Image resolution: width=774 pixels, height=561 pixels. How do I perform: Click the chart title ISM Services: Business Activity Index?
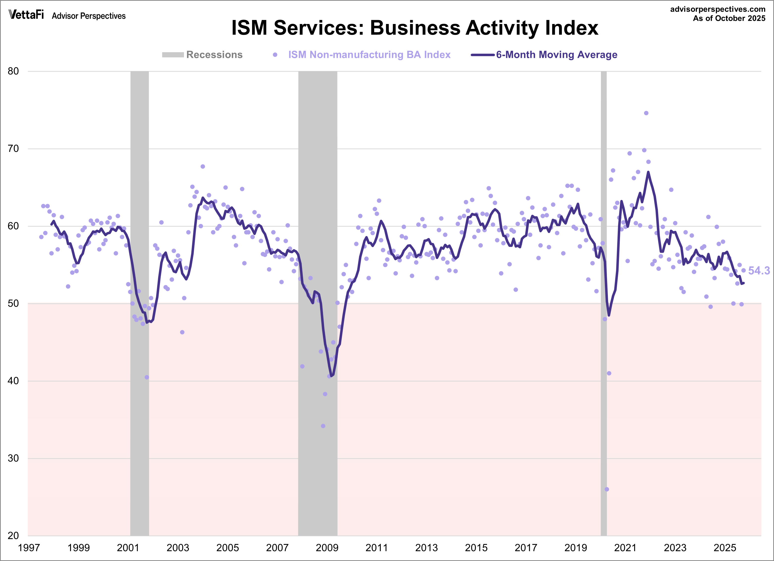coord(415,28)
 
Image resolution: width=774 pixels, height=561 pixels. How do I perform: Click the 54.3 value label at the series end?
coord(759,271)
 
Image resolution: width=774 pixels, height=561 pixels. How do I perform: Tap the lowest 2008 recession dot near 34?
coord(323,426)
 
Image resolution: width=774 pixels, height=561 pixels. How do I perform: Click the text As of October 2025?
coord(729,18)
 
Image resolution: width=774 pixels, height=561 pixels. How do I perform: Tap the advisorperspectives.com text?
coord(718,9)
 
